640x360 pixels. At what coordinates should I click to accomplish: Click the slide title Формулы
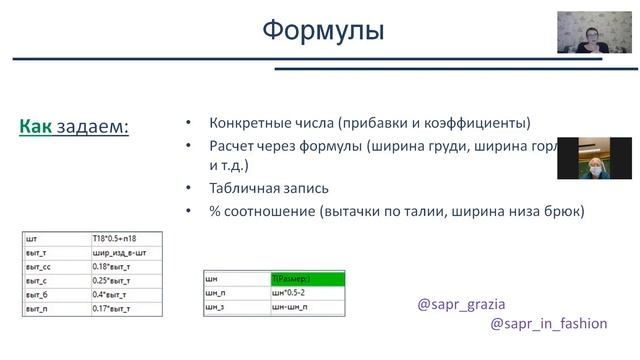[322, 30]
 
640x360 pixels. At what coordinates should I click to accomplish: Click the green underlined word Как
[36, 127]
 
